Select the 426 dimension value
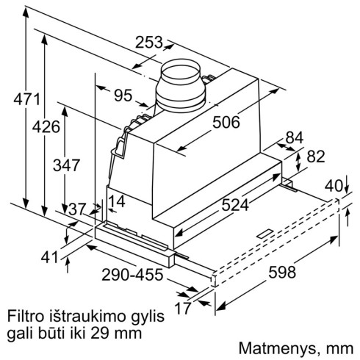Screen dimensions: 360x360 click(x=46, y=127)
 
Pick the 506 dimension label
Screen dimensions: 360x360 click(x=226, y=123)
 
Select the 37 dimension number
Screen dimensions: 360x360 click(x=76, y=209)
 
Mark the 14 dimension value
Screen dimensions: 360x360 click(x=115, y=201)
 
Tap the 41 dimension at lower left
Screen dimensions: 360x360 click(x=49, y=258)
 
